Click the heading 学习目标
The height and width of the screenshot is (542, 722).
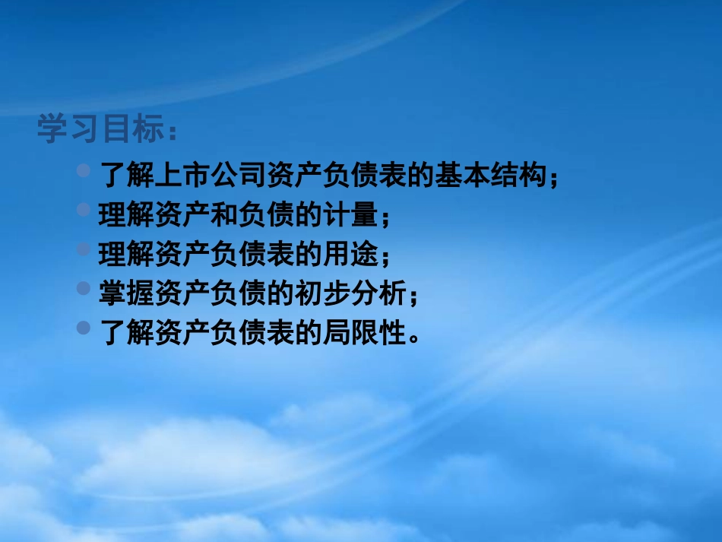tap(100, 130)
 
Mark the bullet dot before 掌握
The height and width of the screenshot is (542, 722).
tap(85, 288)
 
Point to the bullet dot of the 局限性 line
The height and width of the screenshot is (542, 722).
tap(85, 327)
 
